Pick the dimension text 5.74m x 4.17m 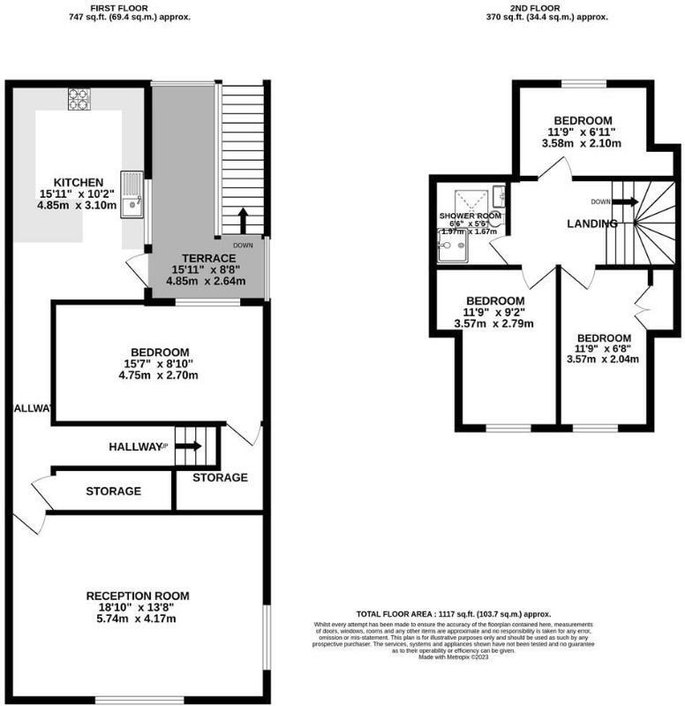[x=137, y=619]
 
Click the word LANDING [x=591, y=224]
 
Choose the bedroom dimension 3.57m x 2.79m [x=493, y=323]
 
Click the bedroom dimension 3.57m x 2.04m [x=603, y=359]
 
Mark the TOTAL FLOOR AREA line [x=453, y=614]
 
